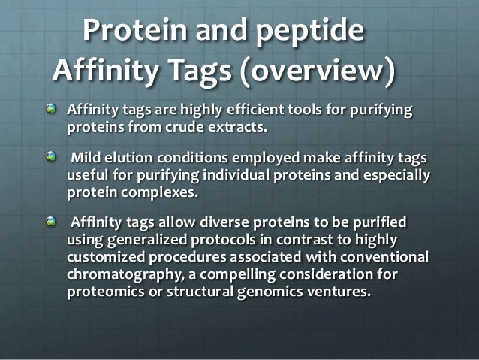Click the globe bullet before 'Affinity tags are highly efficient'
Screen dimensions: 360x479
tap(50, 110)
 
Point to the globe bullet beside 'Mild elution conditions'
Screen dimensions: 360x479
tap(50, 154)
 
